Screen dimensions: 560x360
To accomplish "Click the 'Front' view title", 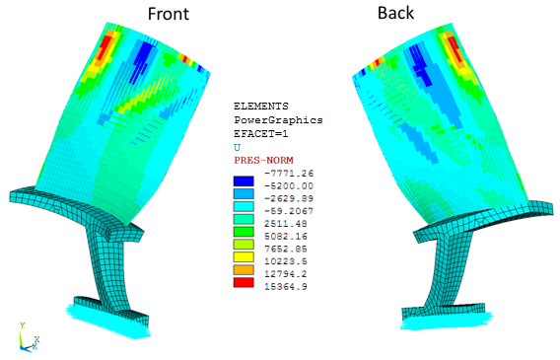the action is click(169, 14).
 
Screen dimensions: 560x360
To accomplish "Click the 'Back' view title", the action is click(395, 13).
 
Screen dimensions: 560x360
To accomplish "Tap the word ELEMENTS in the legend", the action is click(261, 107).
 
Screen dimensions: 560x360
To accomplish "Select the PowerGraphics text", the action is click(278, 120).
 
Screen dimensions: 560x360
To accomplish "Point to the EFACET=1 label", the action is click(261, 134).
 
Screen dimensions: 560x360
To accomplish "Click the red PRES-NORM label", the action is click(263, 160).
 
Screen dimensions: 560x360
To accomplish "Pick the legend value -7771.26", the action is click(289, 174).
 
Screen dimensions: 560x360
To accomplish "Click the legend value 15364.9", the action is click(286, 286).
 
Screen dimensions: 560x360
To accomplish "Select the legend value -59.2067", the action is click(289, 211).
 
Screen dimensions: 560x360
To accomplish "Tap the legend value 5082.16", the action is click(286, 236).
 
